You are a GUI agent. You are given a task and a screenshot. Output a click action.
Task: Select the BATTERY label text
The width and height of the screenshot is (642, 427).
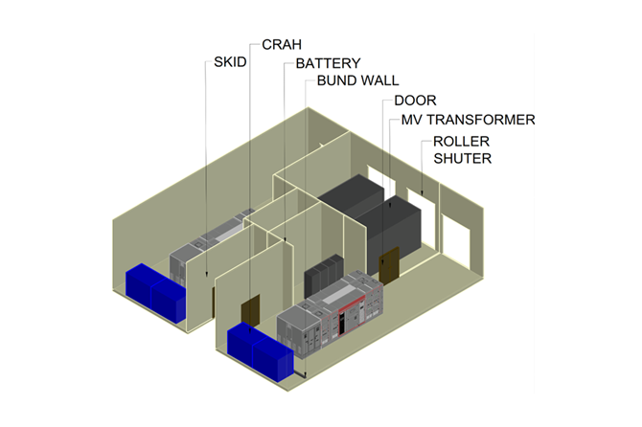pos(328,63)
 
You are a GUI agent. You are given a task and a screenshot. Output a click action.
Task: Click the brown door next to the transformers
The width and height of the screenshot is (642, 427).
pos(389,265)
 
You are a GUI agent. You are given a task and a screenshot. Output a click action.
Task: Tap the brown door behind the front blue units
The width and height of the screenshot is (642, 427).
pos(250,313)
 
